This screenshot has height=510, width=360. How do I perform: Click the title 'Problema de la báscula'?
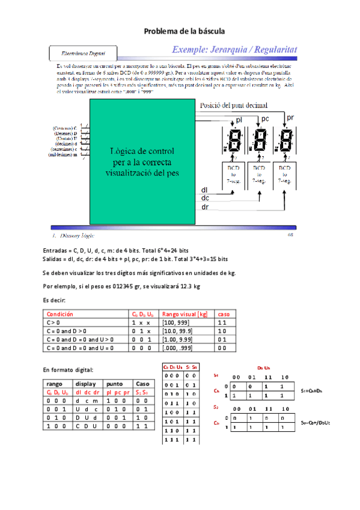(x=180, y=31)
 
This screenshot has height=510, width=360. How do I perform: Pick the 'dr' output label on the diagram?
(x=205, y=207)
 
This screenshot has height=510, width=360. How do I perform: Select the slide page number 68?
(x=290, y=235)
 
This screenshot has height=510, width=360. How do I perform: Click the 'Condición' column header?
(x=59, y=314)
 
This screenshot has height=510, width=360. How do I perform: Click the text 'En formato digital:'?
(x=68, y=369)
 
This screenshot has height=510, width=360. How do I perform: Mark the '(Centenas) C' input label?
(x=64, y=128)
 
